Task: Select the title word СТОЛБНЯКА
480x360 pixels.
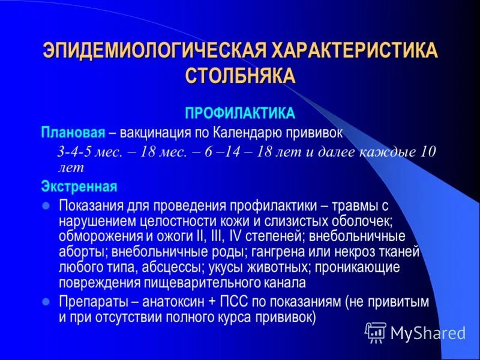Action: point(240,76)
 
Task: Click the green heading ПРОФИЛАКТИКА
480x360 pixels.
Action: point(239,113)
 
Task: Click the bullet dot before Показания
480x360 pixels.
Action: point(46,205)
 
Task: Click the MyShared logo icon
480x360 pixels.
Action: point(376,332)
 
